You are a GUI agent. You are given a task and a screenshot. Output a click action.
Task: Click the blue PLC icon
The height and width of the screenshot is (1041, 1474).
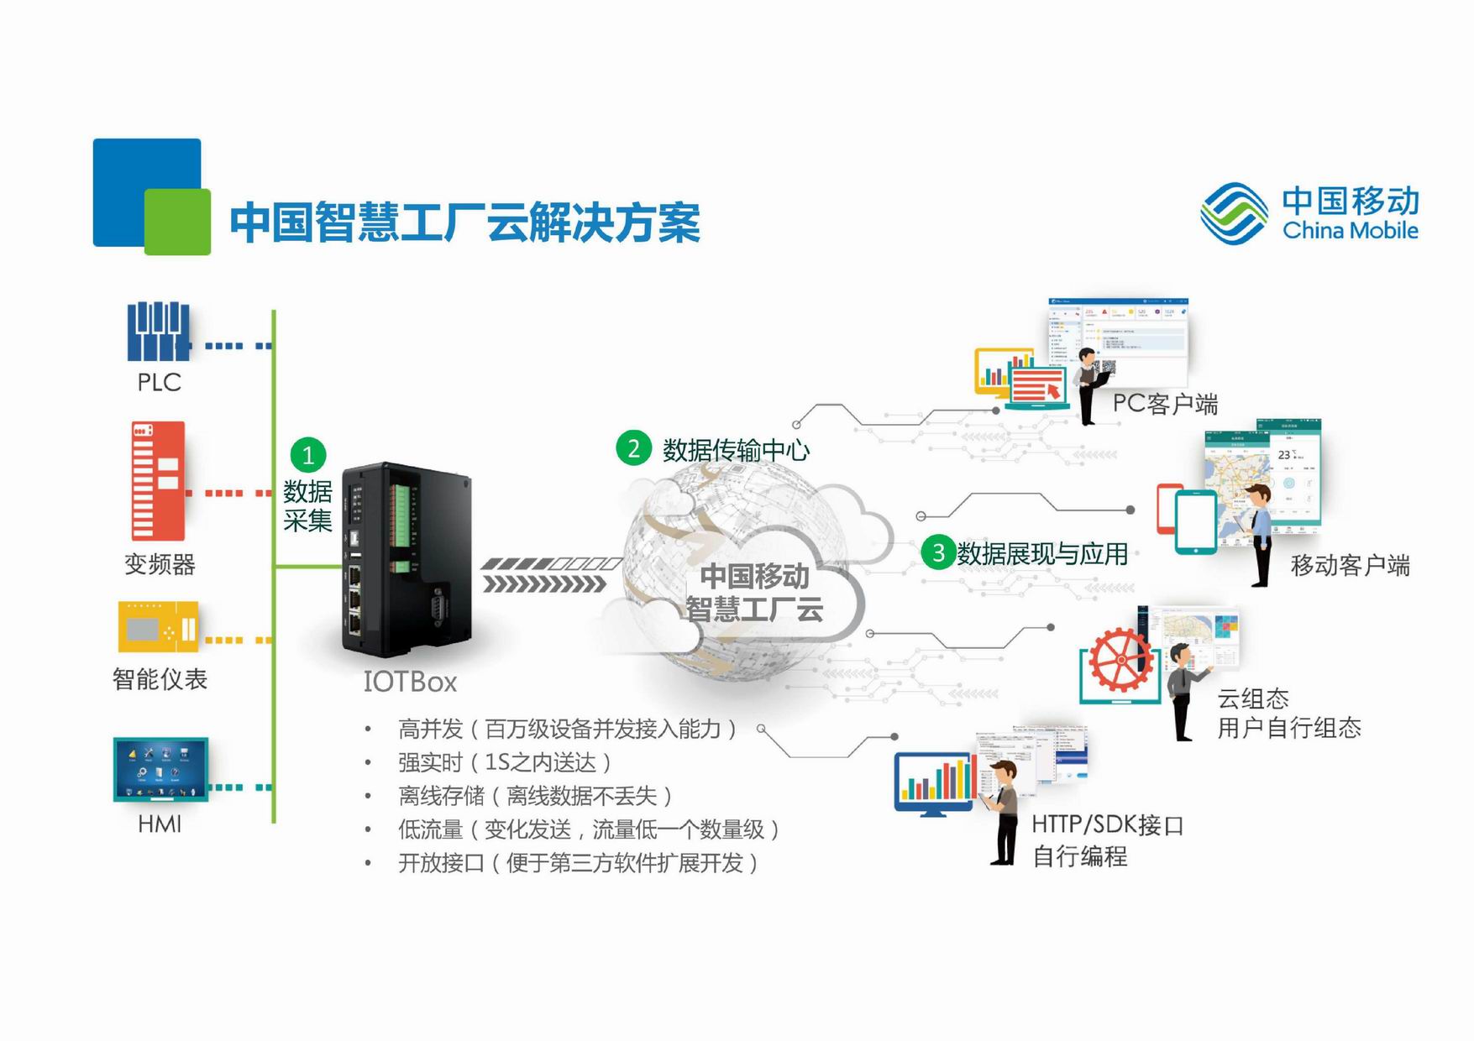tap(159, 332)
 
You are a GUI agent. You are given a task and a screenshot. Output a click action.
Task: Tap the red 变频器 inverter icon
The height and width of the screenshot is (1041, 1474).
tap(158, 481)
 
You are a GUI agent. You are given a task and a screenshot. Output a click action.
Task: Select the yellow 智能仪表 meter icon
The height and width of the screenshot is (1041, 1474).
tap(159, 626)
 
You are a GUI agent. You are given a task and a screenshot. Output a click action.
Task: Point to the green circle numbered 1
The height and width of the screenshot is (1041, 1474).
tap(307, 455)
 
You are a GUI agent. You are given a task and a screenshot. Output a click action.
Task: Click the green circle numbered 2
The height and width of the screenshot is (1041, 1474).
tap(633, 448)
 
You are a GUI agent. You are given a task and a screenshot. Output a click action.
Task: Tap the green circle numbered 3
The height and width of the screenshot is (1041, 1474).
tap(938, 552)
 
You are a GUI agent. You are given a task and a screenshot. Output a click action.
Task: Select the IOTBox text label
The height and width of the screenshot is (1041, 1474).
tap(410, 682)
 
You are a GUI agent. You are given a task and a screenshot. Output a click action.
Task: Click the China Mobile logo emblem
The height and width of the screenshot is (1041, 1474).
tap(1234, 214)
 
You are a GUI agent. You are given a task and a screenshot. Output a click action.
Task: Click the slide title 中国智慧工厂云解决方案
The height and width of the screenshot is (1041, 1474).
tap(464, 222)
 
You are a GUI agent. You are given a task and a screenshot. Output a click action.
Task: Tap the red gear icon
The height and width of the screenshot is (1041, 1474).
tap(1120, 660)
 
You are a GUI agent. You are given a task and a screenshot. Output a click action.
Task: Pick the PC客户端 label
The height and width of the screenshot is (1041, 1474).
tap(1165, 404)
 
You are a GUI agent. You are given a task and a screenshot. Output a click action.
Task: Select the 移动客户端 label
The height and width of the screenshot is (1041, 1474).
tap(1350, 565)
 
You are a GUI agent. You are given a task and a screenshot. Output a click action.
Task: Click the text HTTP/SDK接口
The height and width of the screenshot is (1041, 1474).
tap(1107, 825)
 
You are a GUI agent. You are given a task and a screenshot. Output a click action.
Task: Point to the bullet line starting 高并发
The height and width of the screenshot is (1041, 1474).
tap(567, 729)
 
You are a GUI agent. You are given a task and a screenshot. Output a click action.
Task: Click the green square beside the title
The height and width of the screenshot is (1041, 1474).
tap(177, 222)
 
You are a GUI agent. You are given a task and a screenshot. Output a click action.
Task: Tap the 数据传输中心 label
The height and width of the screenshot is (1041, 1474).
tap(736, 450)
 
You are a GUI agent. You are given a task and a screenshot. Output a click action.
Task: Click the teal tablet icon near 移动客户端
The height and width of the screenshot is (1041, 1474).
tap(1195, 522)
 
